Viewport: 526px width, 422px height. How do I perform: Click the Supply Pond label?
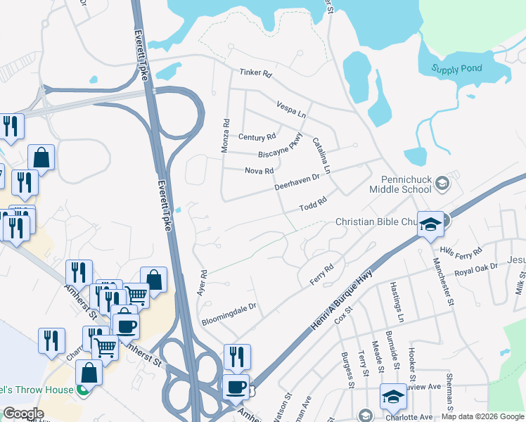coord(456,69)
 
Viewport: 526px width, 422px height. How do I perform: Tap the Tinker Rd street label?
coord(255,72)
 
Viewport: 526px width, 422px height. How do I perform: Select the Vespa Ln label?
coord(292,108)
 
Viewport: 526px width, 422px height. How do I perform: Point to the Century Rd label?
coord(257,137)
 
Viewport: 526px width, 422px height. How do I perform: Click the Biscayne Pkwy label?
coord(280,148)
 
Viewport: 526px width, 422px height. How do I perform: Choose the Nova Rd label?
coord(259,170)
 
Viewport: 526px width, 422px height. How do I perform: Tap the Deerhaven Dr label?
coord(297,182)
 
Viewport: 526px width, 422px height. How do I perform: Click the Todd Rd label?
coord(313,204)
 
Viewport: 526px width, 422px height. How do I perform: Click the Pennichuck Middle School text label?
coord(406,184)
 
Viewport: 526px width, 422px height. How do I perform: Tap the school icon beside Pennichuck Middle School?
coord(442,184)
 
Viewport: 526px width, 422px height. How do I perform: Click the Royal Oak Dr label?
coord(475,269)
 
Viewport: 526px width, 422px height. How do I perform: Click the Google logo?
coord(23,414)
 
